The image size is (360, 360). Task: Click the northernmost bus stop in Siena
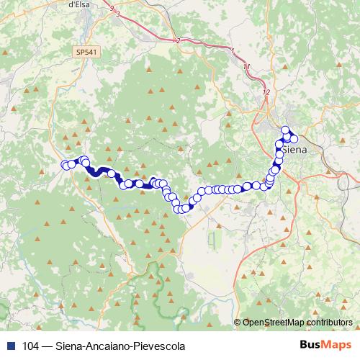[x=284, y=130]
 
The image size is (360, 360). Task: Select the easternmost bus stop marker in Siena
[x=294, y=139]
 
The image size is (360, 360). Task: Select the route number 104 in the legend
[x=30, y=346]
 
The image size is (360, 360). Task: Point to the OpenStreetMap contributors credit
[x=297, y=322]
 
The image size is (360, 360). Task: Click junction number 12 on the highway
[x=266, y=92]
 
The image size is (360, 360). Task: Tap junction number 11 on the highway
[x=247, y=67]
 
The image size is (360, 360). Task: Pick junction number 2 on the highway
[x=177, y=40]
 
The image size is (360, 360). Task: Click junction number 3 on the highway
[x=117, y=14]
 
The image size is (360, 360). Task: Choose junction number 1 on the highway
[x=233, y=50]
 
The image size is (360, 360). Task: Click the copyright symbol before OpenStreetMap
[x=238, y=322]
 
